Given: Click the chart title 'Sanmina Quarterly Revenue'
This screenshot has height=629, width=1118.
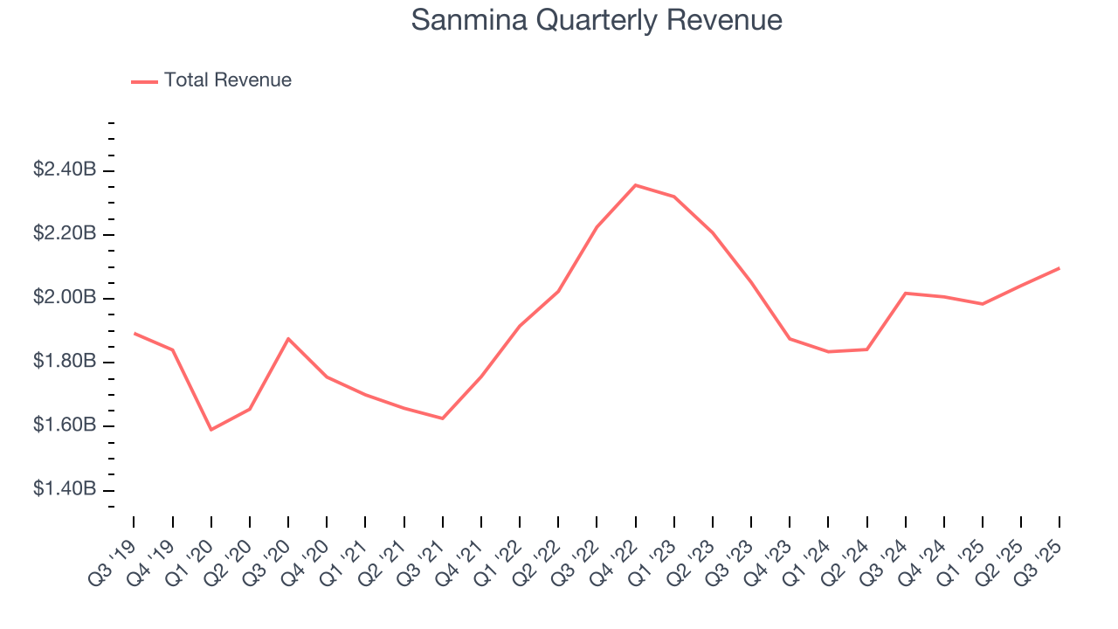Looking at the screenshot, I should coord(597,20).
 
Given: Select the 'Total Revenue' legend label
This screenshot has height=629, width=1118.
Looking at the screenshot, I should coord(227,80).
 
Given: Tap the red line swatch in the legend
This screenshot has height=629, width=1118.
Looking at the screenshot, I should coord(144,81).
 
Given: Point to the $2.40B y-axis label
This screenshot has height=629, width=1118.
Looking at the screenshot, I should coord(65,170).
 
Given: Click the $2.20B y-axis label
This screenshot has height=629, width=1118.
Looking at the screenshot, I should coord(65,234).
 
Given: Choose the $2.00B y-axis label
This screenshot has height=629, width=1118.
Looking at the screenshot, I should coord(65,298).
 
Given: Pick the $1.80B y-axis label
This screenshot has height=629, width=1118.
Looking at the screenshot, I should coord(65,362).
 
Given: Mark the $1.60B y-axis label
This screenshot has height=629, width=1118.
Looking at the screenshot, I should coord(65,425).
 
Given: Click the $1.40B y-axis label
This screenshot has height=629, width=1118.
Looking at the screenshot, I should coord(65,489).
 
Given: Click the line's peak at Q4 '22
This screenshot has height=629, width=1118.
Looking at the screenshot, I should coord(635,185).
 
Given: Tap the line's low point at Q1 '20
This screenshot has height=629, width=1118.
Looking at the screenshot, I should coord(210,430).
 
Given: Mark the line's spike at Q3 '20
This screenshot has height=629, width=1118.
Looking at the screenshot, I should coord(288,338).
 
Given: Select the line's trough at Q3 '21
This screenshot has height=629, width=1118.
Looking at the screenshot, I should coord(443,418).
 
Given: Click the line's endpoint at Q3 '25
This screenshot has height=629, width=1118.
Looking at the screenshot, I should coord(1059,268).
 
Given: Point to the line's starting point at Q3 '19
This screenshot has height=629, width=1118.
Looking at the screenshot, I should coord(134,333).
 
